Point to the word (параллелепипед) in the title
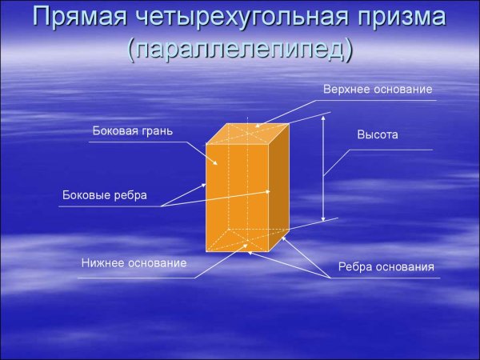240,50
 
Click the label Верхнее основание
378,89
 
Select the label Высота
378,135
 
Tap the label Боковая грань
133,130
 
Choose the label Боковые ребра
105,195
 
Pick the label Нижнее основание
134,263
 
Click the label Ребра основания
386,267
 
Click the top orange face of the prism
248,134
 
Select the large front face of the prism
236,196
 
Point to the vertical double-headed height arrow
323,168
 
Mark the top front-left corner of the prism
206,145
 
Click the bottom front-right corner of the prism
268,250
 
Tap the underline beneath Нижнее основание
136,278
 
